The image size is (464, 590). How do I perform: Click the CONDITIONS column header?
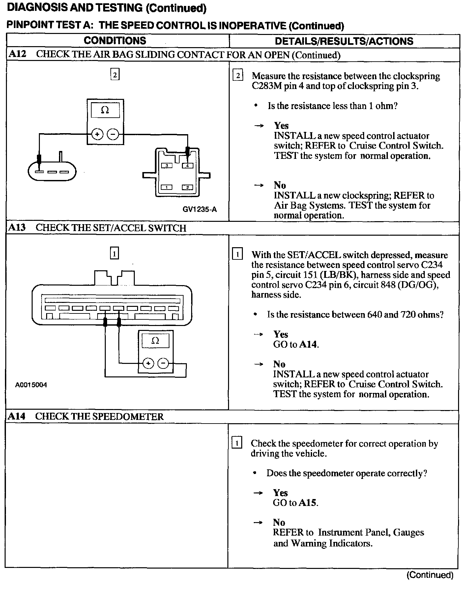(115, 41)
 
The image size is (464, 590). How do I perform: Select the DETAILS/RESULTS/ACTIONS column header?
(344, 41)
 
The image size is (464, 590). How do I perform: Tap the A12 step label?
(17, 54)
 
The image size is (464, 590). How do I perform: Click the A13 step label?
(17, 227)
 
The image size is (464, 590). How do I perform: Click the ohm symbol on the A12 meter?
(105, 110)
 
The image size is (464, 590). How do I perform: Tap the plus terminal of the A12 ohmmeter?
(97, 134)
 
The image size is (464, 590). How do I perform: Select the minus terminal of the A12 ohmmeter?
(113, 134)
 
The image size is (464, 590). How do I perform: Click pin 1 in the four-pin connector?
(167, 187)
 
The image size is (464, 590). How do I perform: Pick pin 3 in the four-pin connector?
(167, 165)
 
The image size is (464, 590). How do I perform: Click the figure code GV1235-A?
(200, 209)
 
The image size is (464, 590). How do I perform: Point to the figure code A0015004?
(31, 385)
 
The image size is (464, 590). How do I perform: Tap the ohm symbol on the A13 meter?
(155, 340)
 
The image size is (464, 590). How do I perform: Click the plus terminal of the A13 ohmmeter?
(148, 364)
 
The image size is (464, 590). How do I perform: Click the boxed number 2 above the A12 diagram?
(115, 75)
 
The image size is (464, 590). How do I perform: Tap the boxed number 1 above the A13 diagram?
(114, 253)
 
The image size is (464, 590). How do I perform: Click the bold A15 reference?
(308, 503)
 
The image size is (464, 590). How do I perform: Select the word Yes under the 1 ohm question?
(281, 126)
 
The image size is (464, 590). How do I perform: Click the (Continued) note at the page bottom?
(430, 575)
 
